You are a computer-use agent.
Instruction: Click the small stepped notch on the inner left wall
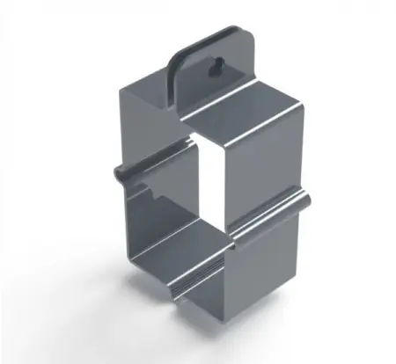coord(154,188)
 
